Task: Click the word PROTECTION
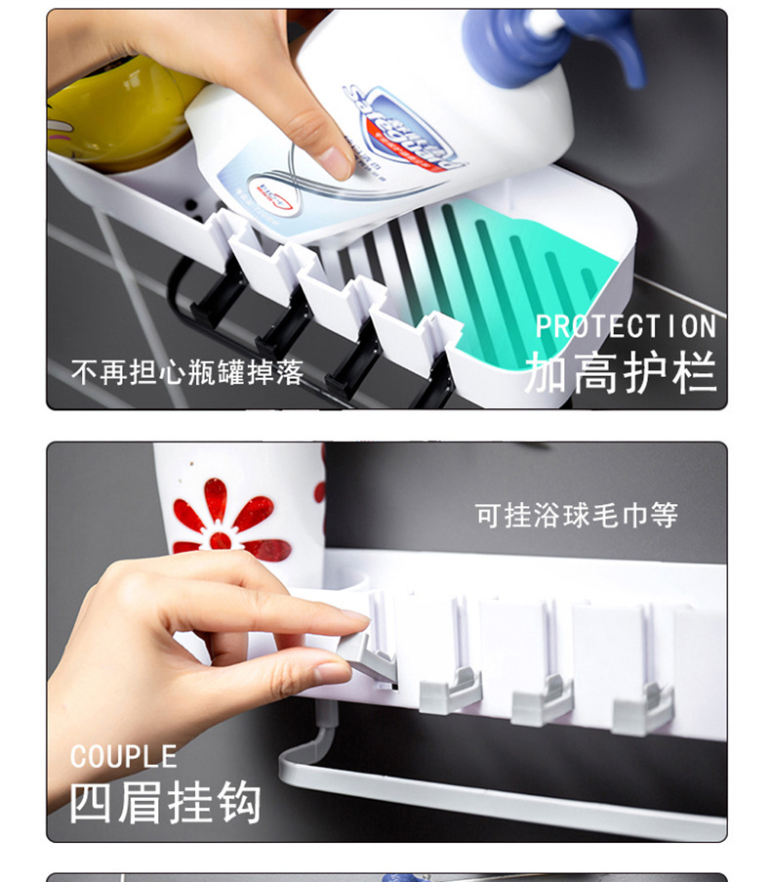pyautogui.click(x=626, y=326)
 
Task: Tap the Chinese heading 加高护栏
pyautogui.click(x=621, y=372)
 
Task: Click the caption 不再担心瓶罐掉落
pyautogui.click(x=187, y=372)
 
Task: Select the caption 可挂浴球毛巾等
pyautogui.click(x=576, y=515)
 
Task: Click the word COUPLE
pyautogui.click(x=123, y=757)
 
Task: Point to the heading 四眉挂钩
pyautogui.click(x=165, y=802)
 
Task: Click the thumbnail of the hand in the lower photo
pyautogui.click(x=332, y=673)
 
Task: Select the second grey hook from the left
pyautogui.click(x=450, y=689)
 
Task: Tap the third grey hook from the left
pyautogui.click(x=543, y=697)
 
